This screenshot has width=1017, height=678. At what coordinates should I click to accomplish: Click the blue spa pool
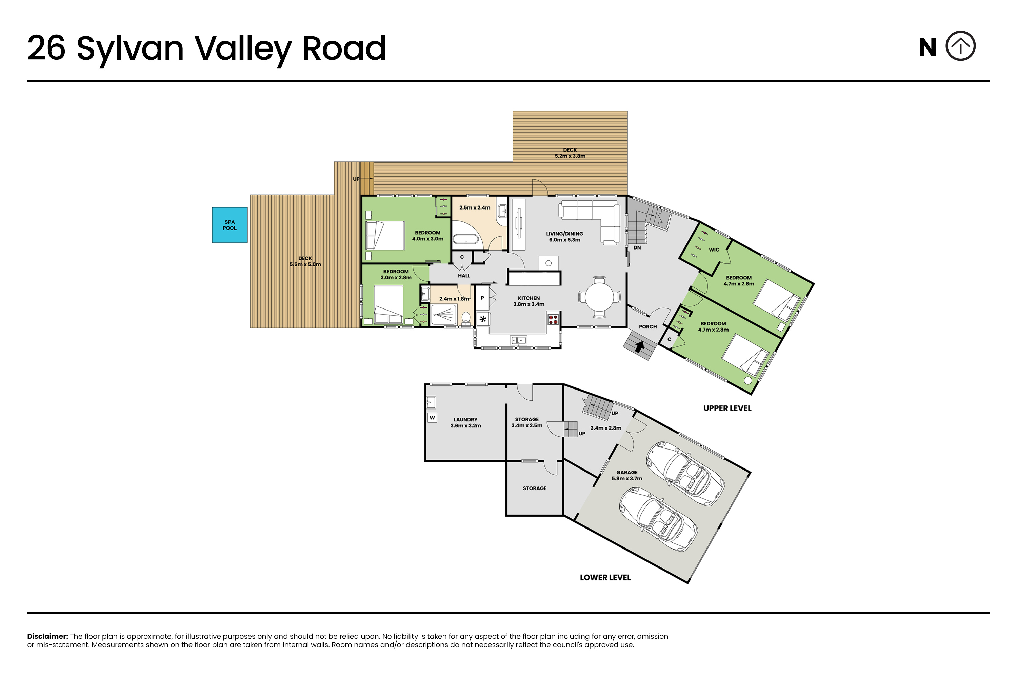click(230, 225)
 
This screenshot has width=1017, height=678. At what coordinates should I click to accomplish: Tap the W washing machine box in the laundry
click(432, 417)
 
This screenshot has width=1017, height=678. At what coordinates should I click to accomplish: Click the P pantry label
click(482, 298)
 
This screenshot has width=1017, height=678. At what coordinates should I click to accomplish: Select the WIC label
click(714, 250)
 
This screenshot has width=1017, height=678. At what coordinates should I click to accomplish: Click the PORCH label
click(648, 327)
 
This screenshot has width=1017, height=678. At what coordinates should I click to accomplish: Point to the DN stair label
click(637, 248)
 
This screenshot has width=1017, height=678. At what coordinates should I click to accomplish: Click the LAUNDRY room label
click(465, 419)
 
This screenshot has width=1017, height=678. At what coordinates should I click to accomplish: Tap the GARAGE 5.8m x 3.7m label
click(627, 476)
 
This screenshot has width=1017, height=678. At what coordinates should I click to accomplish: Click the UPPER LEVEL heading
click(727, 408)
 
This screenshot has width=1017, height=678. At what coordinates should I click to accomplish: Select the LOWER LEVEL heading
click(605, 578)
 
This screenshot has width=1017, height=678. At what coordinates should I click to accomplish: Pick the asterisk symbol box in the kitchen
click(482, 319)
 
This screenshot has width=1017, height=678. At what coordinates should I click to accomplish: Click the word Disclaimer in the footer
click(47, 636)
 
